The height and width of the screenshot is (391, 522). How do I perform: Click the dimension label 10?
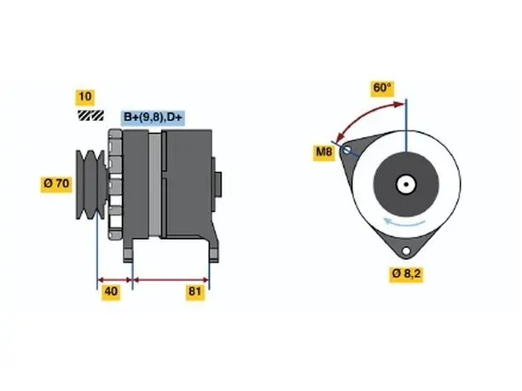tap(85, 97)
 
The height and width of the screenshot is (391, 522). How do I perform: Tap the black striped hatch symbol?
tap(91, 115)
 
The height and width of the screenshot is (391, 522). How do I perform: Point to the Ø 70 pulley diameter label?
tap(56, 183)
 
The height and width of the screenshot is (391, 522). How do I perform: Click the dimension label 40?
tap(111, 291)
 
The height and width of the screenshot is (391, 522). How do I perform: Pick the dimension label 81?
tap(194, 291)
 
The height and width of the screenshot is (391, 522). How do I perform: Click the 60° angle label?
tap(382, 88)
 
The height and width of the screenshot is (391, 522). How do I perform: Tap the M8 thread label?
tap(324, 152)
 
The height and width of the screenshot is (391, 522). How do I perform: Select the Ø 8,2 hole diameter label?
tap(406, 274)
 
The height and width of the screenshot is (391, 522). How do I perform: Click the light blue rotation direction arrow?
tap(403, 221)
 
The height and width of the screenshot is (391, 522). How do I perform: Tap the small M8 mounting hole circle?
tap(346, 150)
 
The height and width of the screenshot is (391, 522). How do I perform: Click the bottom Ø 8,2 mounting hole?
tap(406, 250)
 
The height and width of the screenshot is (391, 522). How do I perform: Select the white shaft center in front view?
tap(406, 184)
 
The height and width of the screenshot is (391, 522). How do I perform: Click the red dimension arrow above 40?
tap(115, 279)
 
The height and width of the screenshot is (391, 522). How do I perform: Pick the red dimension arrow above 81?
tap(171, 279)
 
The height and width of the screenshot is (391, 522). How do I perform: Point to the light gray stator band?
tap(154, 185)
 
